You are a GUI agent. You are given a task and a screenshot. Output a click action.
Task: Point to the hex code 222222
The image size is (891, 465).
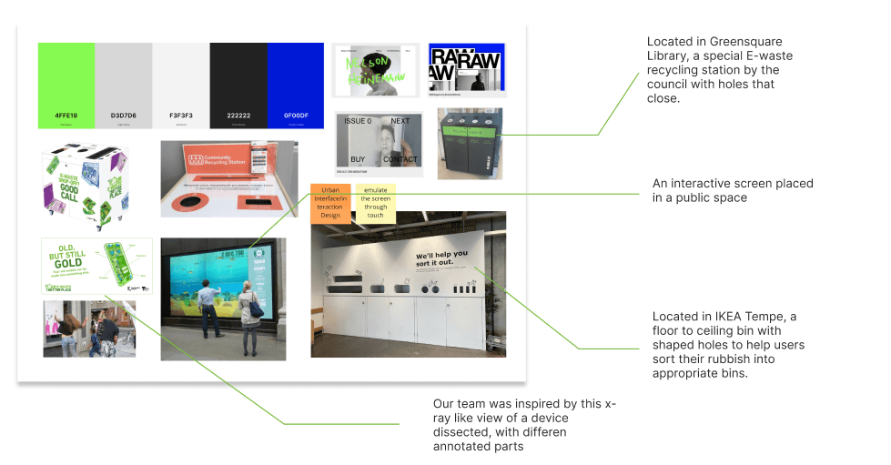pyautogui.click(x=238, y=116)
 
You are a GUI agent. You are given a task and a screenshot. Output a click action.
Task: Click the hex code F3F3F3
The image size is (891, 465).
pyautogui.click(x=180, y=116)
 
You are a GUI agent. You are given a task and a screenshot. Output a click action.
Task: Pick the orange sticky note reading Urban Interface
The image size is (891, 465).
pyautogui.click(x=329, y=203)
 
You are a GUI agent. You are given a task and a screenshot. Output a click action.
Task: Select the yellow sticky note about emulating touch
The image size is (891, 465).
pyautogui.click(x=375, y=202)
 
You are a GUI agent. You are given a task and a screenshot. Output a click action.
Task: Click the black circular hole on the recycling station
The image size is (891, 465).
pyautogui.click(x=192, y=199)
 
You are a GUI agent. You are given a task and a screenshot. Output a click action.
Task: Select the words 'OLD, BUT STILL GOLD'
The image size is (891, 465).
pyautogui.click(x=65, y=256)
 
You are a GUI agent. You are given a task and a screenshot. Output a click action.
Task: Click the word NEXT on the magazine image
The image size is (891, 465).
pyautogui.click(x=400, y=121)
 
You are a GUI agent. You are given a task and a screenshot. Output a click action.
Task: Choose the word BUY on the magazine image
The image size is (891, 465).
pyautogui.click(x=358, y=158)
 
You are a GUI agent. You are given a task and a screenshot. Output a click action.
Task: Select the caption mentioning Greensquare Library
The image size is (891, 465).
pyautogui.click(x=714, y=70)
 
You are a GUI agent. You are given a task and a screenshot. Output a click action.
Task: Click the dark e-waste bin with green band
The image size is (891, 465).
pyautogui.click(x=469, y=146)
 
